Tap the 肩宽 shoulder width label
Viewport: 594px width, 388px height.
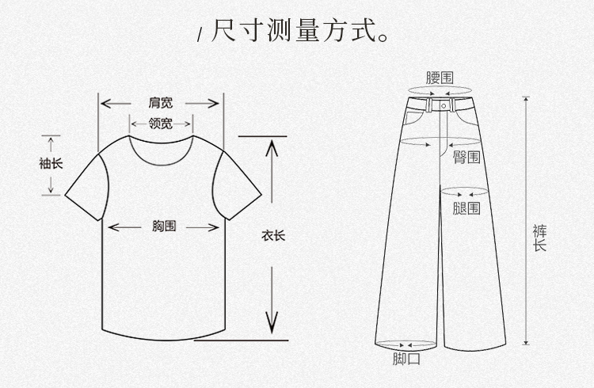(160, 103)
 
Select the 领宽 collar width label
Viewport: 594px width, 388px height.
(161, 124)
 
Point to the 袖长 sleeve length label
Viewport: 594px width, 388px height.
(51, 164)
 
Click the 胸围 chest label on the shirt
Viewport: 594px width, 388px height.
(164, 226)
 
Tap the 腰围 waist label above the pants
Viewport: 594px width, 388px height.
(440, 78)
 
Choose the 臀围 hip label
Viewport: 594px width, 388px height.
(466, 157)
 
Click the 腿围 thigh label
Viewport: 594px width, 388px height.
(466, 208)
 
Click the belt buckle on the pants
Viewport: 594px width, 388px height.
(443, 104)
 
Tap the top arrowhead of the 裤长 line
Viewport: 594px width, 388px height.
(526, 100)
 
